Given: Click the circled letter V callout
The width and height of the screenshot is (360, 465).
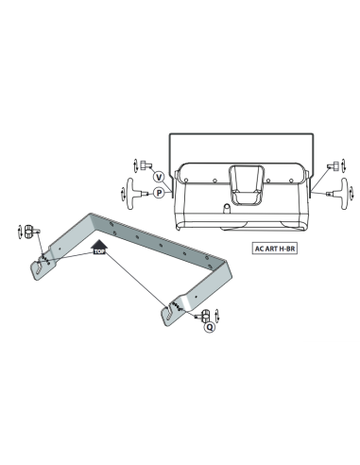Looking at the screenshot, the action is (159, 177).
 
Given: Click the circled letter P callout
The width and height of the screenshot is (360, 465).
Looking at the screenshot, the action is (159, 193).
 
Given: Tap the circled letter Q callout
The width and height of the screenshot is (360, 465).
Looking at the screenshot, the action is (210, 327).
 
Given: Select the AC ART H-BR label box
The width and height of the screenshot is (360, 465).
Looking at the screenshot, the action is (275, 249).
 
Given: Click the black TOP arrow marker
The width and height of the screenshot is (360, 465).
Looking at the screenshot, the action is (99, 247).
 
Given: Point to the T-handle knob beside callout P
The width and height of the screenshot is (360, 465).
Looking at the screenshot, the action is (136, 194).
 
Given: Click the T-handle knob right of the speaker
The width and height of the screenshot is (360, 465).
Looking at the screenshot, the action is (338, 193).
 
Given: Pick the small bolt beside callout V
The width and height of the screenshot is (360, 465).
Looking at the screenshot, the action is (146, 164).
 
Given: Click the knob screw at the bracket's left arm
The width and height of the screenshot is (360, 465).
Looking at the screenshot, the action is (31, 232).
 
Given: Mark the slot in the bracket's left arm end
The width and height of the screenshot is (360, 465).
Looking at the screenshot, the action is (39, 267).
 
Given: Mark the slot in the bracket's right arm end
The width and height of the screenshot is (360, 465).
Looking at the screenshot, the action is (169, 314).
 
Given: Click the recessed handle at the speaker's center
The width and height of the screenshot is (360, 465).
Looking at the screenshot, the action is (247, 185).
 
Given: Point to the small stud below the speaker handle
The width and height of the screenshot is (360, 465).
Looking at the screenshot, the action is (227, 208).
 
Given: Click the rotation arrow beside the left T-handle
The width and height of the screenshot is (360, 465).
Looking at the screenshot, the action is (123, 194).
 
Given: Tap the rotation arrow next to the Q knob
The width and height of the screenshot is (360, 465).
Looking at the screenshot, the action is (216, 316).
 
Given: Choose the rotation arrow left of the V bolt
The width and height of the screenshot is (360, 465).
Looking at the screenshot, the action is (135, 165).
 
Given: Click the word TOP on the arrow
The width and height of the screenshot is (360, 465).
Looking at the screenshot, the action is (99, 251).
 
